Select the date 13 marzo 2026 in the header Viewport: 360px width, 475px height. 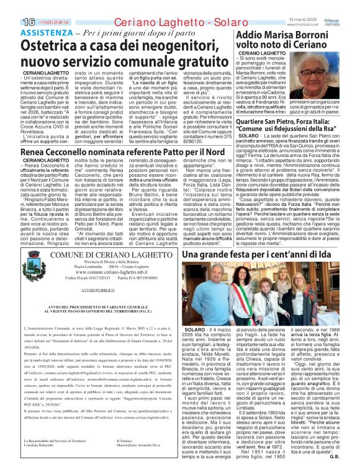[x=305, y=4]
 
